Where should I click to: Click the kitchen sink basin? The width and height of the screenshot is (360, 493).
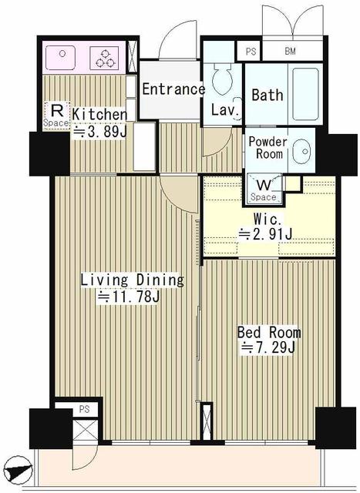tap(60, 58)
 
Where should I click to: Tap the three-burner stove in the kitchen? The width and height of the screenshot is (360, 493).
tap(104, 59)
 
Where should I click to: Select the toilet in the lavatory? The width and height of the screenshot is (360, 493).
tap(222, 78)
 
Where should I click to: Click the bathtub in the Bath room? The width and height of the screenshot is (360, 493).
tap(305, 94)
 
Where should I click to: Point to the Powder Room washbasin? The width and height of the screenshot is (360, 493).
tap(301, 151)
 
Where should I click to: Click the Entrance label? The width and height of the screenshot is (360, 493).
tap(173, 89)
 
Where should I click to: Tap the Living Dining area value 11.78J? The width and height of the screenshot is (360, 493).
tap(129, 297)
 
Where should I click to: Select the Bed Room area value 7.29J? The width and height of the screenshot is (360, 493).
tap(268, 347)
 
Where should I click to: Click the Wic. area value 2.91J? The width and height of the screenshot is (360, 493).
tap(266, 233)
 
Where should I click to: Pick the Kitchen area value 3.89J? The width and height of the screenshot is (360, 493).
tap(99, 132)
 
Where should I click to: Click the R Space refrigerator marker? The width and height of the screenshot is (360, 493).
tap(56, 116)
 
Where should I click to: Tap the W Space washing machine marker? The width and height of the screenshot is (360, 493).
tap(264, 189)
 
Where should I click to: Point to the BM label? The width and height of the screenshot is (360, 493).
tap(290, 51)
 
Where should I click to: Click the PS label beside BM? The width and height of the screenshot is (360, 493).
tap(251, 52)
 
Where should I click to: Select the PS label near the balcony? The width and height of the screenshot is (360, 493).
tap(84, 409)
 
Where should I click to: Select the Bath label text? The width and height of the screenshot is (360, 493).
tap(267, 95)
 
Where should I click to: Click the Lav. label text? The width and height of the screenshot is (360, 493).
tap(224, 109)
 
